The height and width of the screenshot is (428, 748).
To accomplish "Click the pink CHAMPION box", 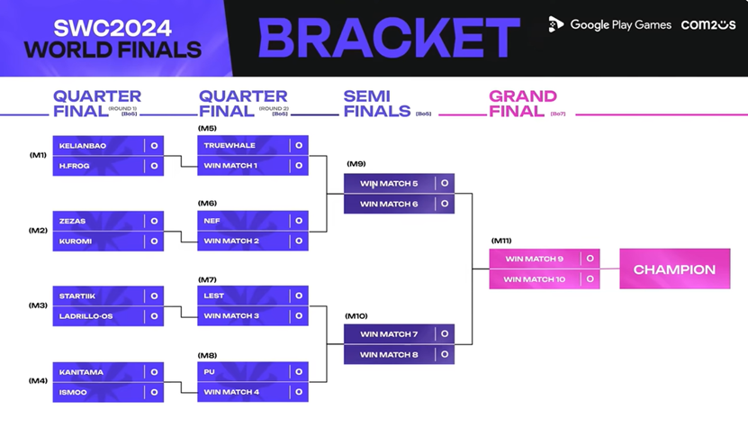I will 674,269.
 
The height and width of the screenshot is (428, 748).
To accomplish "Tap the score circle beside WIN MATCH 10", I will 590,279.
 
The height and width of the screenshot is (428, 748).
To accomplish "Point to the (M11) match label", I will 501,241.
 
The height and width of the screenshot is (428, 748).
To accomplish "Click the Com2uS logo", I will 707,25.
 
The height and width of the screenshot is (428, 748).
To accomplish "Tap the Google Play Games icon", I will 556,25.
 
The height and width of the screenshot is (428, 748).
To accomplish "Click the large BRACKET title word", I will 389,38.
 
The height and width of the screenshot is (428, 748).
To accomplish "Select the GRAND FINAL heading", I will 523,104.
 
